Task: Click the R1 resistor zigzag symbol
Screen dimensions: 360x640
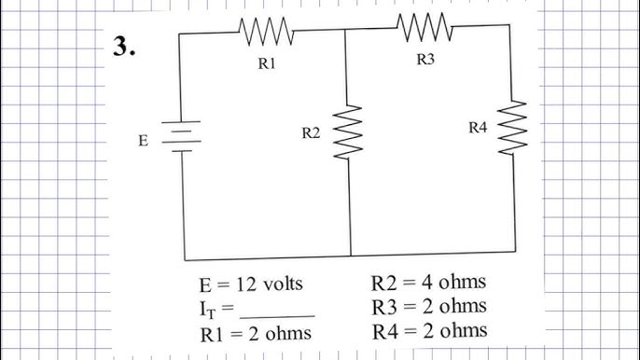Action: point(267,34)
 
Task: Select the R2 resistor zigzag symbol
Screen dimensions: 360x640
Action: point(347,131)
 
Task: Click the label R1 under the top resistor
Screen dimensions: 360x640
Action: point(267,65)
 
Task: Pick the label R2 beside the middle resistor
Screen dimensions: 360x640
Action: point(311,134)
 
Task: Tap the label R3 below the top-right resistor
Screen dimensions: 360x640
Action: point(425,60)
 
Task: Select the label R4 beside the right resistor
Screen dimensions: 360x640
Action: point(478,128)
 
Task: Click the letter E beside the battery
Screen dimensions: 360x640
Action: point(143,141)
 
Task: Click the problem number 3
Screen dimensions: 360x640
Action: point(125,48)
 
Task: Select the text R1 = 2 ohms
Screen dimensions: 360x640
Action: point(256,333)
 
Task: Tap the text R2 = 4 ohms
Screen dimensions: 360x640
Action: point(428,282)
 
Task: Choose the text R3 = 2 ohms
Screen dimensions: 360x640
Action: point(428,306)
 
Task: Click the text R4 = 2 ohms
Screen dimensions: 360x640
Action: point(428,330)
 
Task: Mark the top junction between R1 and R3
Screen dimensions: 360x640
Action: point(346,29)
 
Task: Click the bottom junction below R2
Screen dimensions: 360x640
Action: point(351,256)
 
